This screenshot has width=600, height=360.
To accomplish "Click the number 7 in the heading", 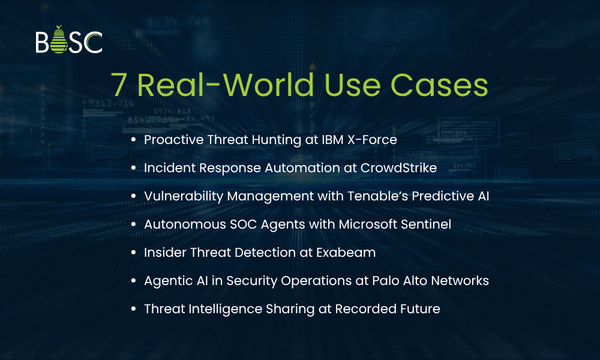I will [120, 85].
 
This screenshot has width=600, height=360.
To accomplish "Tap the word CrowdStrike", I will [398, 168].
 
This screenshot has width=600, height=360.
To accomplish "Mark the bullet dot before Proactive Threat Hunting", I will [133, 140].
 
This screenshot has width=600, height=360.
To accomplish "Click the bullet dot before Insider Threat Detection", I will [133, 253].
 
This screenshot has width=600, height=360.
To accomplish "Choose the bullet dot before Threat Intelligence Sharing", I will [133, 309].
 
